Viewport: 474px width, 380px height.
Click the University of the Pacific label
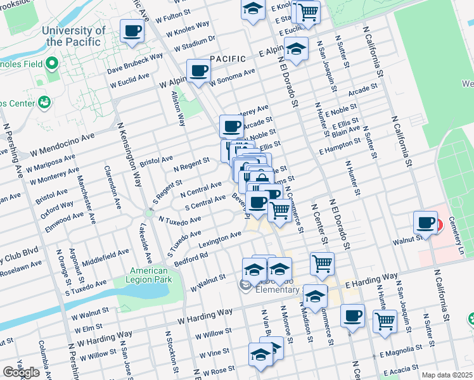pos(73,36)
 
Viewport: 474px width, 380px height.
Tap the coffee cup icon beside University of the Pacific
pos(132,31)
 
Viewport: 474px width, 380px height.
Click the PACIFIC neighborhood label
pos(227,59)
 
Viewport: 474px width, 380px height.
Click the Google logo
pos(21,372)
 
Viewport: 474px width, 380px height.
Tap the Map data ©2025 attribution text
pos(447,375)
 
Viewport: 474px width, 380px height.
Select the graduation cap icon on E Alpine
pos(296,48)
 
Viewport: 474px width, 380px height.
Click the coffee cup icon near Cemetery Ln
pos(425,223)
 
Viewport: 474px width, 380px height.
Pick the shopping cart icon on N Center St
pos(323,263)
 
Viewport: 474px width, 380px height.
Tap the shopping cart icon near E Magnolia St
pos(385,320)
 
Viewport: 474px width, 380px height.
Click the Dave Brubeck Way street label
pos(135,63)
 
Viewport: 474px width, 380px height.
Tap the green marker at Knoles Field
pos(52,64)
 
